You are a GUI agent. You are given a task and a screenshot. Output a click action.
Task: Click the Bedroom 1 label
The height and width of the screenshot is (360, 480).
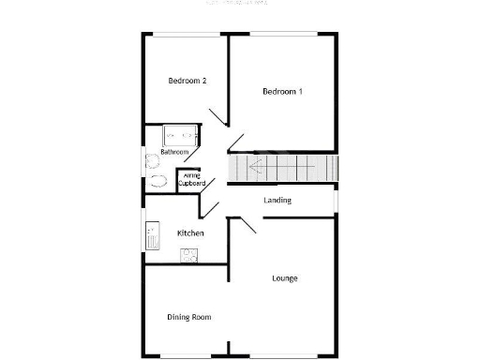click(281, 91)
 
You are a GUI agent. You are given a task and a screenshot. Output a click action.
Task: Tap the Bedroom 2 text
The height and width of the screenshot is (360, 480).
click(187, 81)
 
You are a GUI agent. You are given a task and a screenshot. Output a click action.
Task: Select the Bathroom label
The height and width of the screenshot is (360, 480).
click(174, 152)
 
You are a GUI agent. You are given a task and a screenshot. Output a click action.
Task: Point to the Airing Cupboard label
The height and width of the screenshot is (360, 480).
click(191, 179)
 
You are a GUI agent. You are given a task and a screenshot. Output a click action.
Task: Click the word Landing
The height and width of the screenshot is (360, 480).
click(277, 200)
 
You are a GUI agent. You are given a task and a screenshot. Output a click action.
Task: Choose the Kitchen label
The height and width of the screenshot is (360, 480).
click(191, 232)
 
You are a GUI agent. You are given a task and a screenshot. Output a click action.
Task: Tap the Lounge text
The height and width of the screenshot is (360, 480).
click(285, 278)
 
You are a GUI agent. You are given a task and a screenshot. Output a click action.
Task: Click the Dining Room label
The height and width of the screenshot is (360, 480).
click(189, 317)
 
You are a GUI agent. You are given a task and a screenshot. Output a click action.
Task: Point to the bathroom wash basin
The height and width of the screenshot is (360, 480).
click(150, 161)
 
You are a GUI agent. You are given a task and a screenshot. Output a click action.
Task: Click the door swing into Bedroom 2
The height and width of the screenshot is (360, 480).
click(217, 117)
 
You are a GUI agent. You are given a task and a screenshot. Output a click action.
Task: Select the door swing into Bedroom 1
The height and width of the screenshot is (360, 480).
click(235, 142)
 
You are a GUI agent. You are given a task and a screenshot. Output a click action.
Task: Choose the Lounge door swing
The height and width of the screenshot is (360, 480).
click(247, 226)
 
